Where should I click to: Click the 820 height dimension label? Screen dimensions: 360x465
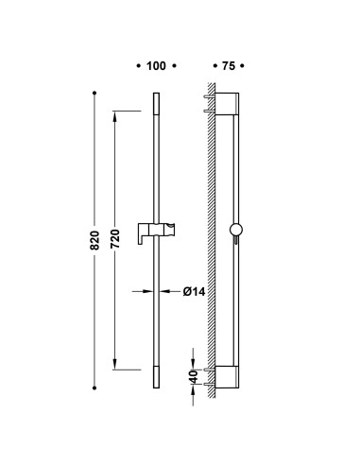pyautogui.click(x=94, y=240)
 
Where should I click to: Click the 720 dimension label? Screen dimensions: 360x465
pyautogui.click(x=115, y=238)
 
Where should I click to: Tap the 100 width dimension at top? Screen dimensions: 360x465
pyautogui.click(x=156, y=66)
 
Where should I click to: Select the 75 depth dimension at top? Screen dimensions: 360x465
pyautogui.click(x=229, y=66)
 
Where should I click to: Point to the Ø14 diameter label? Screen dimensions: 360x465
pyautogui.click(x=194, y=292)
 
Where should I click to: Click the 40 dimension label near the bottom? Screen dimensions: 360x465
pyautogui.click(x=194, y=377)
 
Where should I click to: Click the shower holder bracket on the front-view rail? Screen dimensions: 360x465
pyautogui.click(x=156, y=233)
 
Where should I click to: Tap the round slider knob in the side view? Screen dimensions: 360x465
pyautogui.click(x=236, y=230)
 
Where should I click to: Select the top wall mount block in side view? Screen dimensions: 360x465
pyautogui.click(x=227, y=104)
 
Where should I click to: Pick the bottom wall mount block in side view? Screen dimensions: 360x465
pyautogui.click(x=227, y=377)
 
